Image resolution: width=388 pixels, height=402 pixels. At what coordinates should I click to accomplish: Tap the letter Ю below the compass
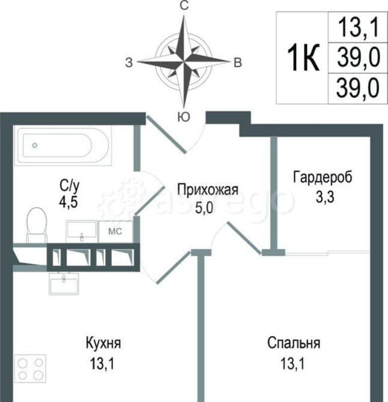pyautogui.click(x=185, y=117)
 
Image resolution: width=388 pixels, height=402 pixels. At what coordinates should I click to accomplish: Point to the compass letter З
pyautogui.click(x=129, y=62)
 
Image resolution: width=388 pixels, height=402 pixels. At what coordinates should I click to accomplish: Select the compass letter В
pyautogui.click(x=238, y=62)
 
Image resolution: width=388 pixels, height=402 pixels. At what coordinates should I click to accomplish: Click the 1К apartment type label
pyautogui.click(x=303, y=58)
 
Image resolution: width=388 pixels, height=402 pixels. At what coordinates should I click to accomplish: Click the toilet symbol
pyautogui.click(x=37, y=223)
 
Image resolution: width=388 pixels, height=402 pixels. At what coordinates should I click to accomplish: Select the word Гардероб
pyautogui.click(x=322, y=178)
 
